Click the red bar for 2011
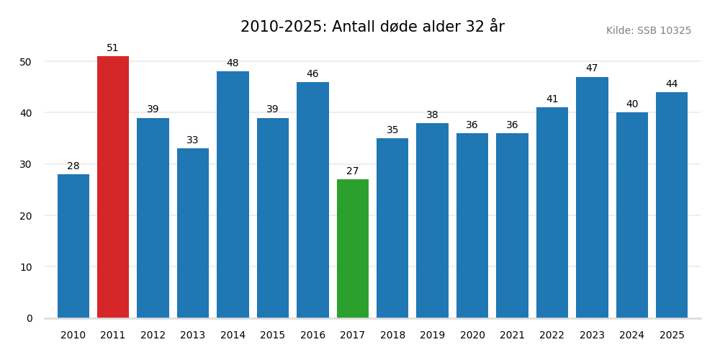pos(113,187)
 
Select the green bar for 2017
pos(353,248)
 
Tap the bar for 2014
pos(233,194)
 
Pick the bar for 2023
pos(592,197)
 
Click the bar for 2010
pos(73,246)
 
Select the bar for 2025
pos(672,205)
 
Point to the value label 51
pos(113,48)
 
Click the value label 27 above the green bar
pos(353,171)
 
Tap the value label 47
pos(592,68)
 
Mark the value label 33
pos(193,140)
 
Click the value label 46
pos(312,74)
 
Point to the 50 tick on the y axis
pos(26,62)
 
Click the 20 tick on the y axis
pos(26,216)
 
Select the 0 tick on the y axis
pos(30,318)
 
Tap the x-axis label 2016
pos(312,336)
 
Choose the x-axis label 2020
pos(472,336)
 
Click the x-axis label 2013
pos(193,336)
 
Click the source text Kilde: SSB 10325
pos(648,31)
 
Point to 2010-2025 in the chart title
pos(283,27)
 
